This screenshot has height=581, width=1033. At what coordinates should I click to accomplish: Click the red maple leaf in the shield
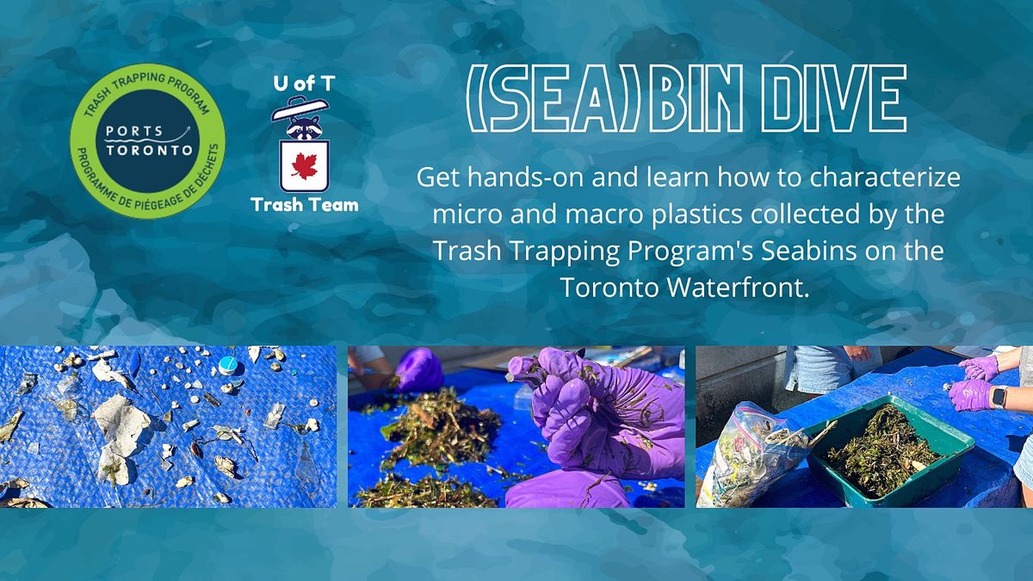pyautogui.click(x=305, y=166)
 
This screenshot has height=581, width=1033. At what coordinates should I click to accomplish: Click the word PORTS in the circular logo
pyautogui.click(x=134, y=132)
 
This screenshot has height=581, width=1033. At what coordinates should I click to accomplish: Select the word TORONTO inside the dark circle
pyautogui.click(x=149, y=151)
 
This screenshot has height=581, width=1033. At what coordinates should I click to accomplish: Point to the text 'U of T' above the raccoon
pyautogui.click(x=304, y=83)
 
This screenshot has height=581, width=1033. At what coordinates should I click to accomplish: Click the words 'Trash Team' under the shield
pyautogui.click(x=305, y=205)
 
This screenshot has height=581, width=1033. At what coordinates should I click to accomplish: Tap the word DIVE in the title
pyautogui.click(x=833, y=98)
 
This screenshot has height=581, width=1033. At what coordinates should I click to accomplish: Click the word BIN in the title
pyautogui.click(x=696, y=98)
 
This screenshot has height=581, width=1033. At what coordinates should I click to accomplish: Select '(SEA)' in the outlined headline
pyautogui.click(x=553, y=98)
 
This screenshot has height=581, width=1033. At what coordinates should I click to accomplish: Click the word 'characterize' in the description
pyautogui.click(x=885, y=177)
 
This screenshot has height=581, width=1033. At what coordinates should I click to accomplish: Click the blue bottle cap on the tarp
pyautogui.click(x=228, y=365)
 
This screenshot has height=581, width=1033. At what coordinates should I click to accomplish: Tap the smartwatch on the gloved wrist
pyautogui.click(x=999, y=397)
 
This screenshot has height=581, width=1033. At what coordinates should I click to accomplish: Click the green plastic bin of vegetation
pyautogui.click(x=890, y=448)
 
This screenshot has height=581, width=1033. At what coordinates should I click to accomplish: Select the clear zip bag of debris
pyautogui.click(x=752, y=454)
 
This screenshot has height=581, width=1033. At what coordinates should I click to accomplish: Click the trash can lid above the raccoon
pyautogui.click(x=300, y=108)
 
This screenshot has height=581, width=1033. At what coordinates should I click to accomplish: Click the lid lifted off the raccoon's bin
pyautogui.click(x=300, y=108)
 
